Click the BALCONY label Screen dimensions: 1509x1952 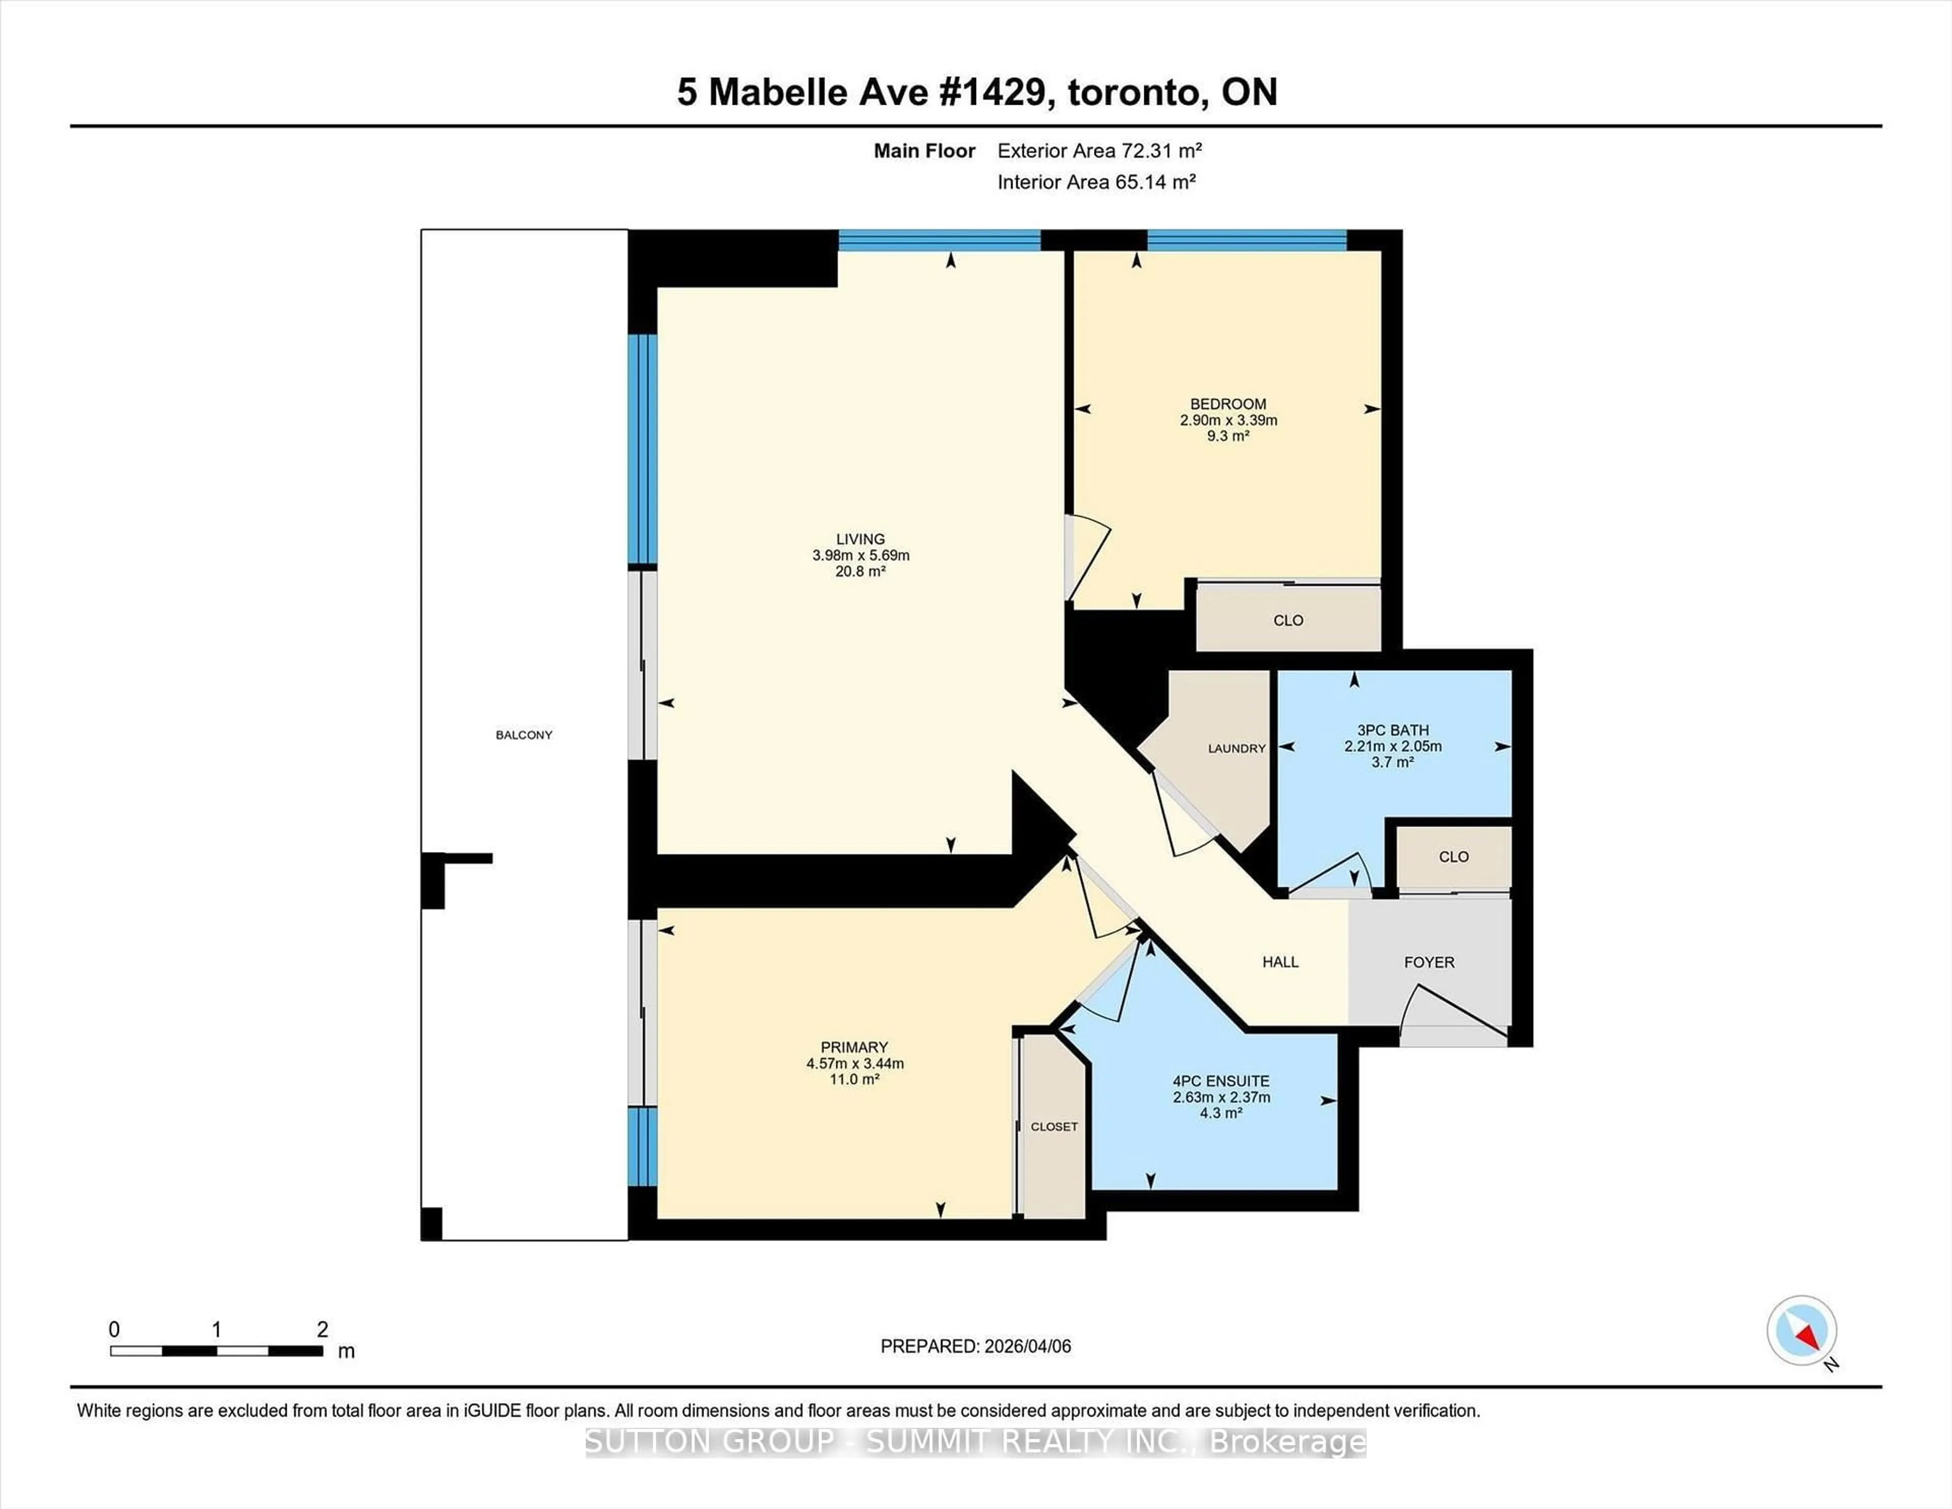(524, 735)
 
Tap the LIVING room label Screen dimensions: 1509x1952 (860, 539)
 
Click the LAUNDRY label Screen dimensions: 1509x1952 (1236, 748)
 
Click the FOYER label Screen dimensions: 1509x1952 (1428, 962)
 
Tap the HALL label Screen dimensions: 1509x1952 (1280, 962)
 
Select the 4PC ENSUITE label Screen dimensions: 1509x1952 (1221, 1081)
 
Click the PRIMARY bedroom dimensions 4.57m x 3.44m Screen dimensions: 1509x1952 (855, 1064)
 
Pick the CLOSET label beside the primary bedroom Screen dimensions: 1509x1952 (1054, 1126)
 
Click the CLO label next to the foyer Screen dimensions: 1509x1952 (1453, 856)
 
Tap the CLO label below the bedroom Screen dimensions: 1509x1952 (1288, 620)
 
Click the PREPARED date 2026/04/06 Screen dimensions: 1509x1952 (1026, 1346)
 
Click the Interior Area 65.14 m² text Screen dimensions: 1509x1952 (1096, 183)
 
